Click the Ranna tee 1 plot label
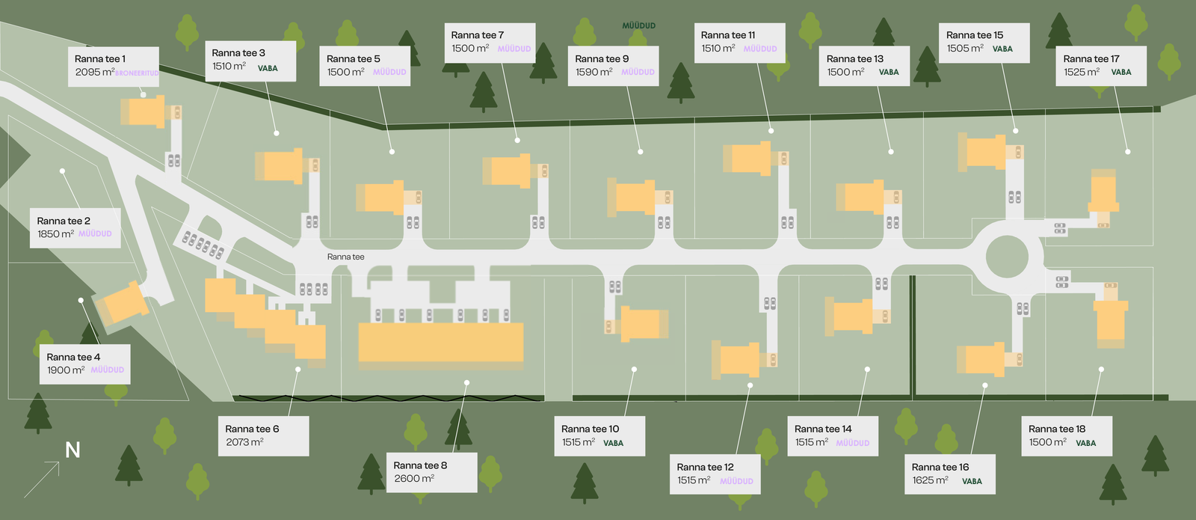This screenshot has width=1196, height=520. coord(100,59)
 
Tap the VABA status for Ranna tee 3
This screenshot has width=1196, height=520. coord(268,68)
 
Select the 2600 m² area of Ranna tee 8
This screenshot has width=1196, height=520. coord(414,479)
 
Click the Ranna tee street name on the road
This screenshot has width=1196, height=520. coord(346,257)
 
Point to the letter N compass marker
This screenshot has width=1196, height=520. coord(73,450)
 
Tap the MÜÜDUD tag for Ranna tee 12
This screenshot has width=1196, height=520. coord(736,481)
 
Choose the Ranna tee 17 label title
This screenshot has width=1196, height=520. coord(1091,59)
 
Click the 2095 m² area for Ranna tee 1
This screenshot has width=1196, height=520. coord(95,73)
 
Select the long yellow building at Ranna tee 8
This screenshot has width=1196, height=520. coord(440,343)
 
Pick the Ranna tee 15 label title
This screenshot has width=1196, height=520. coord(975,35)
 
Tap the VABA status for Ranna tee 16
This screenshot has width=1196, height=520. coord(972,481)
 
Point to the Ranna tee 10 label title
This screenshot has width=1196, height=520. coord(590,429)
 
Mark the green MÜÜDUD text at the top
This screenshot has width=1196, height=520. coord(639,25)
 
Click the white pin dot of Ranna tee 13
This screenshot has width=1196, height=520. coord(891,152)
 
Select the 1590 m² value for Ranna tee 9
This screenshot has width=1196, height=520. coord(594,73)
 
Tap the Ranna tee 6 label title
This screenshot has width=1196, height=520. coord(252,429)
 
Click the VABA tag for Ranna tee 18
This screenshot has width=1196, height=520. coord(1085,443)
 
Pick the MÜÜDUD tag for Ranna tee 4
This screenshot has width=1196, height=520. coord(108,370)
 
